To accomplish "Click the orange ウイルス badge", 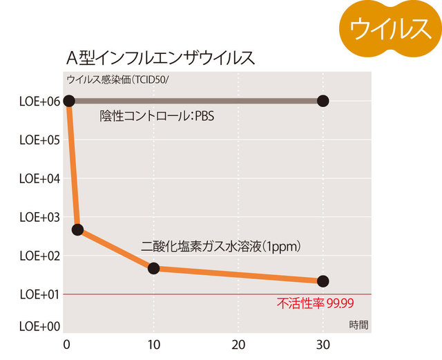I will tap(391, 28).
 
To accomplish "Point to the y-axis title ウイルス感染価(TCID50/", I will tap(122, 79).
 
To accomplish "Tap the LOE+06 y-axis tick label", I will tap(39, 101).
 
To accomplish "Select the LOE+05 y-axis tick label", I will tap(39, 140).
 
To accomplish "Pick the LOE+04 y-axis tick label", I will tap(39, 178).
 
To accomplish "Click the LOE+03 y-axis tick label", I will tap(39, 217).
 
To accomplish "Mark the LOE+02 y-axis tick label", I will tap(39, 256).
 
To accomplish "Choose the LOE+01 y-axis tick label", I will tap(39, 294).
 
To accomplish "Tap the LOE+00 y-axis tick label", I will tap(39, 325).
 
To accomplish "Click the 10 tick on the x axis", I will tap(153, 345).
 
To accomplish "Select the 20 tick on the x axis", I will tap(238, 345).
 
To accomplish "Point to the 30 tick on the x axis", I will tap(323, 345).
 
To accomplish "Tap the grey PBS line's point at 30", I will tap(323, 101).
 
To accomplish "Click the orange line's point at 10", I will tap(153, 268).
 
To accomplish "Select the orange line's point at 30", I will tap(323, 281).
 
